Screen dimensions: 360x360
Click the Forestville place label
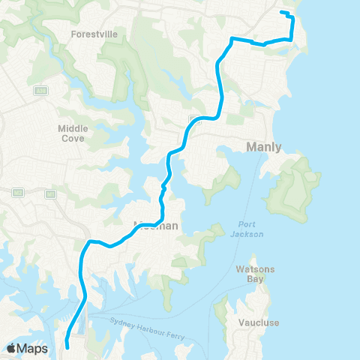coord(94,34)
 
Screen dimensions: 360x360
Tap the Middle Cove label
coord(73,133)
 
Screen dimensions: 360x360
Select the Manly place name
coord(263,147)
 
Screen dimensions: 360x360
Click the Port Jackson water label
coord(247,229)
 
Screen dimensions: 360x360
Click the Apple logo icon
coord(13,349)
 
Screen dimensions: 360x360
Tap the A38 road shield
coord(40,91)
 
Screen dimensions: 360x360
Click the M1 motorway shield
coord(51,194)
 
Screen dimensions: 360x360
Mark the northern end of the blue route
coord(281,13)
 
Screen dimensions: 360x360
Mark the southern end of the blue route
coord(66,346)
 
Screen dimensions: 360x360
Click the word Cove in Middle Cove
coord(73,138)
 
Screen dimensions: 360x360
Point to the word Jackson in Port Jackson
coord(247,234)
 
